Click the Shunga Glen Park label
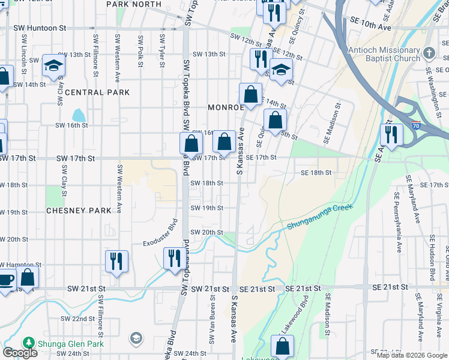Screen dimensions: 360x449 click(71, 344)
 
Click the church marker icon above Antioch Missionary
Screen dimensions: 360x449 click(429, 53)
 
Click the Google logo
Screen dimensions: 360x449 click(20, 353)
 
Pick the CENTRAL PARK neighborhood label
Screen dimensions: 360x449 click(97, 93)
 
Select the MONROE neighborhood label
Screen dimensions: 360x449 click(226, 107)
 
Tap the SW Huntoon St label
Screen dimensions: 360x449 click(42, 28)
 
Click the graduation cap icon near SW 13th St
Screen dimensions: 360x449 click(53, 64)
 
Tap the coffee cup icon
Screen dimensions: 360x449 click(5, 278)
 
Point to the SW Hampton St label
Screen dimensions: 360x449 click(22, 265)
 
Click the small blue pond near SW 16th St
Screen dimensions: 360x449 click(79, 115)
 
